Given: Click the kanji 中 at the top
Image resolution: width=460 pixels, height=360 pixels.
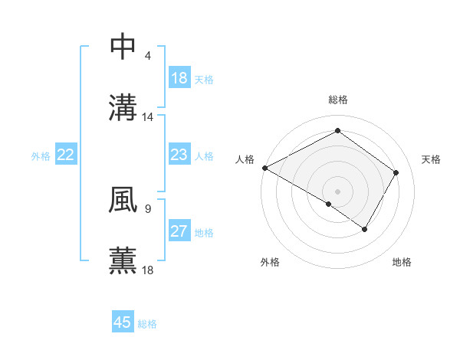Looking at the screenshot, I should (123, 47).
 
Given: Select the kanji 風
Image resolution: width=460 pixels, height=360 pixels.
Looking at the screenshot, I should (123, 201).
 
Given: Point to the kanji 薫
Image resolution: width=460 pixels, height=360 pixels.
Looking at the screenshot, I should (123, 260).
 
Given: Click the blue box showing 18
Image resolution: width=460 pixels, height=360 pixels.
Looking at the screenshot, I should (179, 78).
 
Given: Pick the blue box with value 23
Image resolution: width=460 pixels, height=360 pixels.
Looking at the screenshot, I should (179, 155).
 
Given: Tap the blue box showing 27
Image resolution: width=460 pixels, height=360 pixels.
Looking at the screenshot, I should (179, 232).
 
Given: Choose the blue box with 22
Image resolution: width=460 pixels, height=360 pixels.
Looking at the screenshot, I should (66, 155).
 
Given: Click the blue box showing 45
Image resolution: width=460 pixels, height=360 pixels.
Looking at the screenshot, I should (123, 322).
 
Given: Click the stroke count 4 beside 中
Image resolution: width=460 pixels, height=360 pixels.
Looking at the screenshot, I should (148, 57).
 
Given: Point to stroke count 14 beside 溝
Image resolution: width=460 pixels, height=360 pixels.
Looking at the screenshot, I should (148, 117).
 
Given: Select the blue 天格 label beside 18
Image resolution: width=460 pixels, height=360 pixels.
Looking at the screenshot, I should (204, 79).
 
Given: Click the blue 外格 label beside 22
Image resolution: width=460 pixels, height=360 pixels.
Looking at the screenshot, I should (41, 156).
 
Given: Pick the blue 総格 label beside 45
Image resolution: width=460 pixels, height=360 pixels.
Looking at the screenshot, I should (147, 324).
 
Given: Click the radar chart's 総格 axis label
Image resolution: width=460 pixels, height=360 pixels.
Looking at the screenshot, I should (337, 100).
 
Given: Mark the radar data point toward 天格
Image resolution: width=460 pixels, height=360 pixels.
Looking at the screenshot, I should (396, 172).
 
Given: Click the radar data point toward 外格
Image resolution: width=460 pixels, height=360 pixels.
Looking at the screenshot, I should (329, 205).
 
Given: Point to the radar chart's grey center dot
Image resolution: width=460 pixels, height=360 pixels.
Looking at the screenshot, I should (337, 191).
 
